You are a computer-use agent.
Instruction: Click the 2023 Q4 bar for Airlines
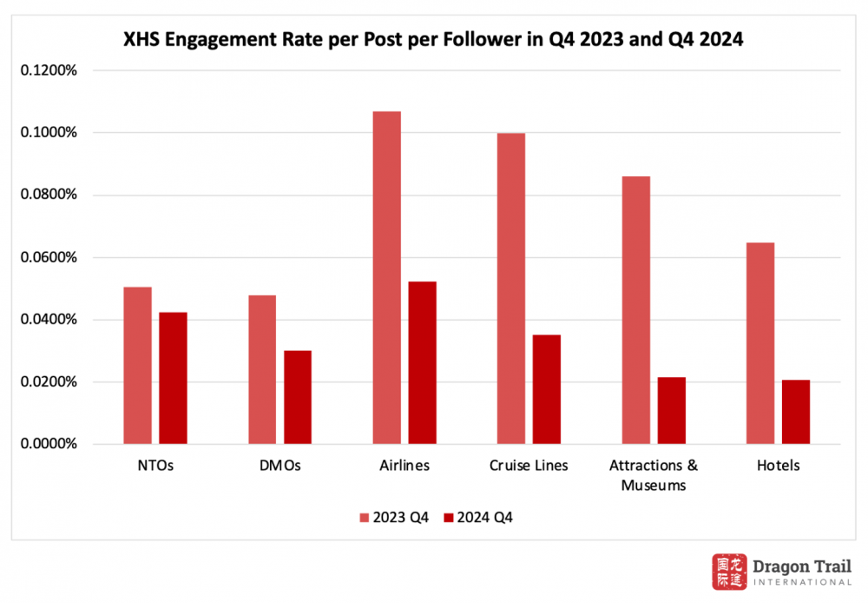point(386,277)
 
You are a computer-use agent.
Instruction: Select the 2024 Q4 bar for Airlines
point(422,362)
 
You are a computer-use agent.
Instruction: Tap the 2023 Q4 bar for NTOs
point(137,365)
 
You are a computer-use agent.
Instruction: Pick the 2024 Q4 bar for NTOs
point(173,378)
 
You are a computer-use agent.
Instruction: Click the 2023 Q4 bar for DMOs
point(262,369)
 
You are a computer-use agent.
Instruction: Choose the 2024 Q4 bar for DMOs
point(298,397)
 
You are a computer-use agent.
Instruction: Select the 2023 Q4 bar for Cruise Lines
point(511,288)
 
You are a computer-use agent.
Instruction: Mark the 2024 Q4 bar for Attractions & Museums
point(671,410)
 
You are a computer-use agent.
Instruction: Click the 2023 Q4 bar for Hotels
point(760,343)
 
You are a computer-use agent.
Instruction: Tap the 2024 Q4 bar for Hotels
point(796,412)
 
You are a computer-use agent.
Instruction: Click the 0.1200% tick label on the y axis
point(48,70)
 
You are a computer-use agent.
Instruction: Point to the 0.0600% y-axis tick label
point(48,257)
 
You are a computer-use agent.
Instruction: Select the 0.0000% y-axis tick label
point(48,444)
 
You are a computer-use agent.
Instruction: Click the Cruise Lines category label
point(529,466)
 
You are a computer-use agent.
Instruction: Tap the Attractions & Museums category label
point(654,475)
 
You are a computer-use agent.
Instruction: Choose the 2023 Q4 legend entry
point(394,518)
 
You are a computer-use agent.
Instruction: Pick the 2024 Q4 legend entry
point(479,518)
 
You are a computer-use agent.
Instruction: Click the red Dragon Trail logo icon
point(729,573)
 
